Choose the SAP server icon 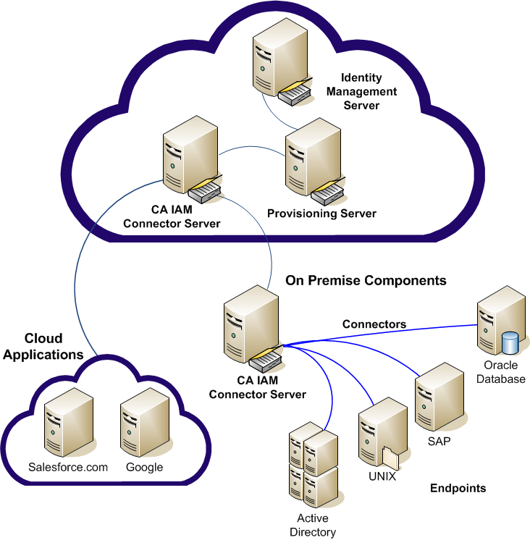coord(439,398)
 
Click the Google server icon coord(144,424)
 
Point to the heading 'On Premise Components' coord(366,280)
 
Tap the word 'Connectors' coord(374,324)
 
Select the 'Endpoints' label coord(458,488)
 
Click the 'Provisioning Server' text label coord(321,214)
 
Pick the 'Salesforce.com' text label coord(68,467)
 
